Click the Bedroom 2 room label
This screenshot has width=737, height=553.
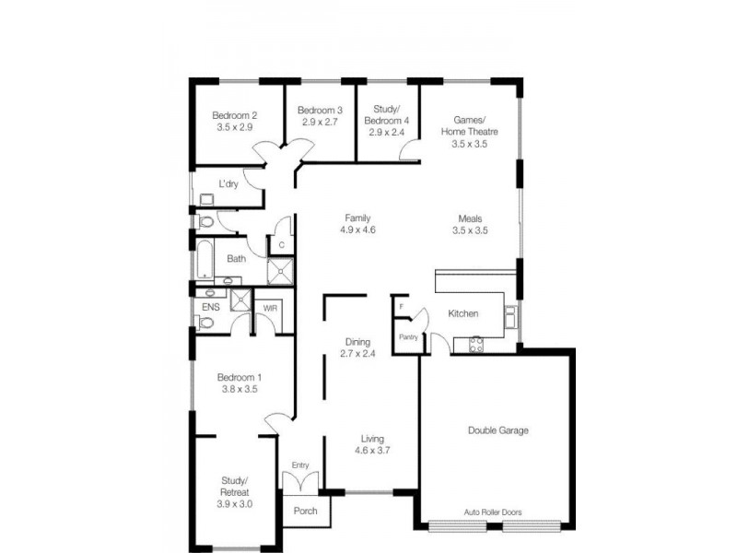click(234, 115)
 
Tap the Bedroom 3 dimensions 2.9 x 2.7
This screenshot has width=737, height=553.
click(320, 122)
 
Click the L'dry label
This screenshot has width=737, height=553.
click(228, 184)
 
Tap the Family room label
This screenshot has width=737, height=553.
click(357, 218)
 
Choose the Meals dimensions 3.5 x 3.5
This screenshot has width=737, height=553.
click(469, 230)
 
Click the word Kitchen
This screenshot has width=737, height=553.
click(462, 314)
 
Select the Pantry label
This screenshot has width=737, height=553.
click(409, 337)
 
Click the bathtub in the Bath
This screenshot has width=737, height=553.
click(204, 259)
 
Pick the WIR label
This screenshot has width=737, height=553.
click(271, 308)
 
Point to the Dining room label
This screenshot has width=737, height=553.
click(357, 341)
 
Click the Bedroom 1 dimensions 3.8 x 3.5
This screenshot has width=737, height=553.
click(240, 390)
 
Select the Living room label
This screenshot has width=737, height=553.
click(372, 439)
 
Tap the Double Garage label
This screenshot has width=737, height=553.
click(497, 430)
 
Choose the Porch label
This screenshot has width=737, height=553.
click(304, 511)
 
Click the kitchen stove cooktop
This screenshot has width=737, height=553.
click(477, 345)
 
